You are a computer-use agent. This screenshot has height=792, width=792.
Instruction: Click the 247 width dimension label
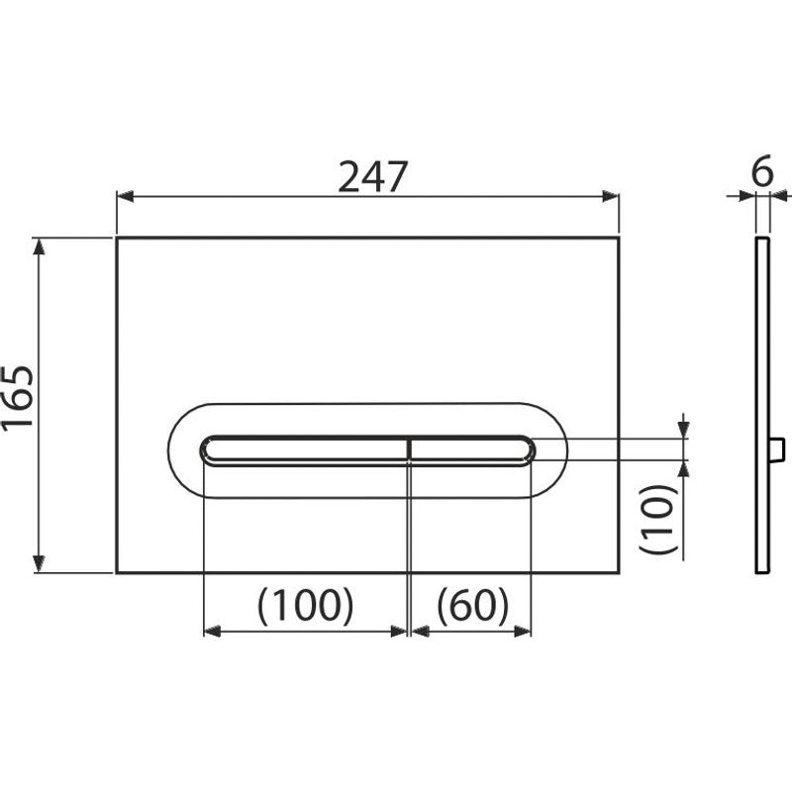coord(372,177)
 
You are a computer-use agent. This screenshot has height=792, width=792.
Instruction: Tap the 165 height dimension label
coord(18,398)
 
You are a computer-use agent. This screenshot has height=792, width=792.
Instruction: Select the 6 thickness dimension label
coord(762,171)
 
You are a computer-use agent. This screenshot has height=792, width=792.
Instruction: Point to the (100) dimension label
coord(306,606)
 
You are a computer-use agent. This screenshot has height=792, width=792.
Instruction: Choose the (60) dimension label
coord(472,606)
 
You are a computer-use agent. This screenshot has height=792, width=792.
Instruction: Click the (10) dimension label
coord(657,519)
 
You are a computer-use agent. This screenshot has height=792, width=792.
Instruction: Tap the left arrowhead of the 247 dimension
coord(125,196)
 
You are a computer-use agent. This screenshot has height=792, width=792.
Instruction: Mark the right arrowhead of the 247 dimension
coord(611,196)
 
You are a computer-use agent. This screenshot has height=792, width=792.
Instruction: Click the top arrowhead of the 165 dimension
coord(39,246)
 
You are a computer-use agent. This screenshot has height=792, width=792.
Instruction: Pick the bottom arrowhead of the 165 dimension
coord(39,564)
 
